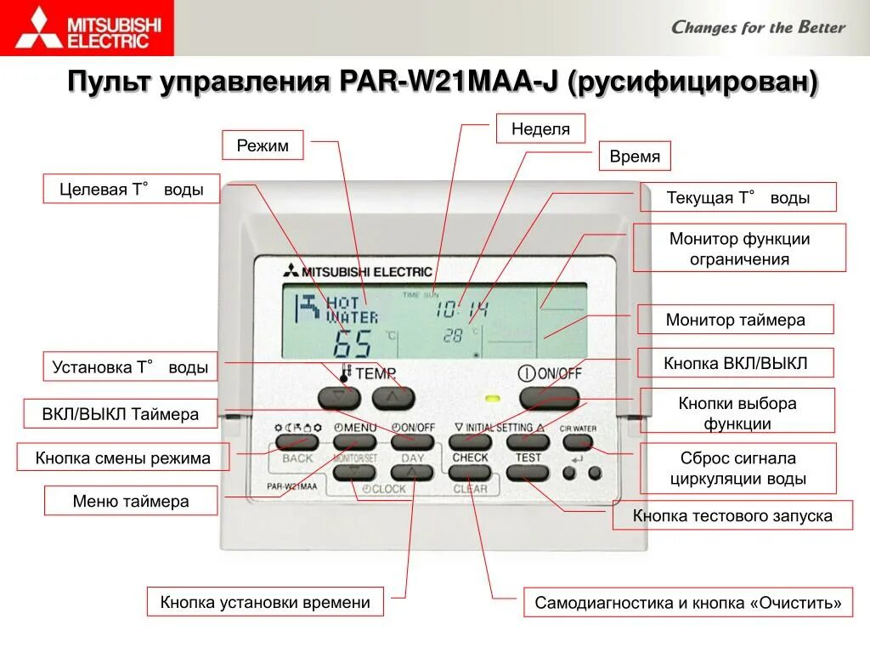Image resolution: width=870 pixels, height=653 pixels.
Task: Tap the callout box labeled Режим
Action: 263,145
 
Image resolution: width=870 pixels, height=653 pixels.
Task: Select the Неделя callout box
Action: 540,129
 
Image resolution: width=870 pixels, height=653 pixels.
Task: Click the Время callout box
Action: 635,156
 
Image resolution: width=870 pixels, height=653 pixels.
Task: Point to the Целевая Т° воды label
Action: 131,190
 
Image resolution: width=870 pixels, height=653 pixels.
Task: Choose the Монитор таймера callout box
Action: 735,320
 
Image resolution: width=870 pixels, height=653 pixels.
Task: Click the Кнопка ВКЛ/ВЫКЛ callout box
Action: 735,363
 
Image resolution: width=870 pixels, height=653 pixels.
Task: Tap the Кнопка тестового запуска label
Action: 732,515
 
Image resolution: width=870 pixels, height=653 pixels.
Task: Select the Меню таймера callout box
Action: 131,501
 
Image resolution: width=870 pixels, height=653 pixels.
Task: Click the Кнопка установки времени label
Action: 265,602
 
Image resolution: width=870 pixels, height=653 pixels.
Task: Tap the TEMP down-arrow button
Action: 339,397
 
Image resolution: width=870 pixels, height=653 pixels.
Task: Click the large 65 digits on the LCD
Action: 352,343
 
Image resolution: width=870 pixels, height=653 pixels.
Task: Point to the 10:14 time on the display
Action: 462,310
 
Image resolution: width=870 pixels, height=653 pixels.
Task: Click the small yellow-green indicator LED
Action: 491,397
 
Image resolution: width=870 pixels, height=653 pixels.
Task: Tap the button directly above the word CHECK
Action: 470,442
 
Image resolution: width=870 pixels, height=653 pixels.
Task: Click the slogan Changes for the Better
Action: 758,27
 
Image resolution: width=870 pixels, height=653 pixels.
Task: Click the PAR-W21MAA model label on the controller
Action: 292,486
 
